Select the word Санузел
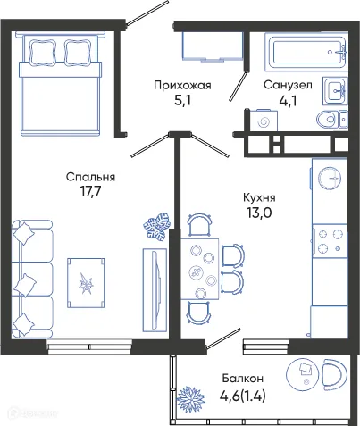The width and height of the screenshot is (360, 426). pyautogui.click(x=288, y=86)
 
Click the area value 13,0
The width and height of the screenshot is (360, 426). pyautogui.click(x=259, y=214)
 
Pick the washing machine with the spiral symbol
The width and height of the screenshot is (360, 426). pyautogui.click(x=264, y=121)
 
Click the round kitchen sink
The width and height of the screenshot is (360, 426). pyautogui.click(x=328, y=178)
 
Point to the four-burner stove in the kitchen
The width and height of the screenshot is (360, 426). pyautogui.click(x=329, y=238)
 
